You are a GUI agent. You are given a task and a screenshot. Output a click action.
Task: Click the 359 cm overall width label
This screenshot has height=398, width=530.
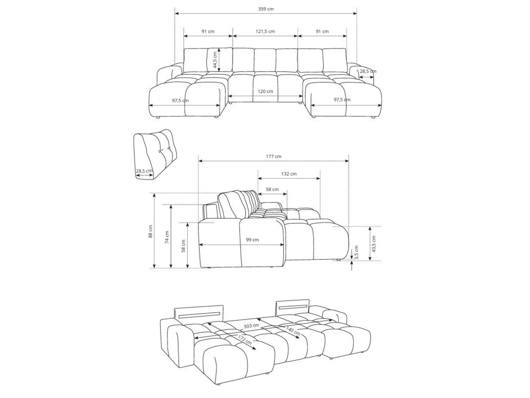click(x=266, y=9)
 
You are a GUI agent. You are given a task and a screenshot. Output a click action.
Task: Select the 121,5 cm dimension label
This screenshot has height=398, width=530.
click(x=265, y=31)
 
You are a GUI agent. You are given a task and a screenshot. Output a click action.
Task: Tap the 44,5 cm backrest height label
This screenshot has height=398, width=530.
click(x=215, y=60)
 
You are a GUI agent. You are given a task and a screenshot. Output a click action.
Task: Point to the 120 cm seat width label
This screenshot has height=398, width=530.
click(x=265, y=91)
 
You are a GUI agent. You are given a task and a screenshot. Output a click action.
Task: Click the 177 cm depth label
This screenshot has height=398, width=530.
click(x=273, y=157)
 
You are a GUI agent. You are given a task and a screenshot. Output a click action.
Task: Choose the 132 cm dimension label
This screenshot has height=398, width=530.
click(x=289, y=174)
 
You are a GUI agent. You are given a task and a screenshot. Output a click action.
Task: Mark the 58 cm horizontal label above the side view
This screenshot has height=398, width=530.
click(x=272, y=189)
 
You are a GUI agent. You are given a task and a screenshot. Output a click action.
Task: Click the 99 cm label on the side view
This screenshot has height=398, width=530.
click(x=252, y=240)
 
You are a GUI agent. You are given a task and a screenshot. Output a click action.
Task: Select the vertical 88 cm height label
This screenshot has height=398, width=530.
click(x=151, y=231)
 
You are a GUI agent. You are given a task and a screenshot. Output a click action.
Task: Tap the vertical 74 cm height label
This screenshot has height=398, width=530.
click(x=167, y=237)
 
